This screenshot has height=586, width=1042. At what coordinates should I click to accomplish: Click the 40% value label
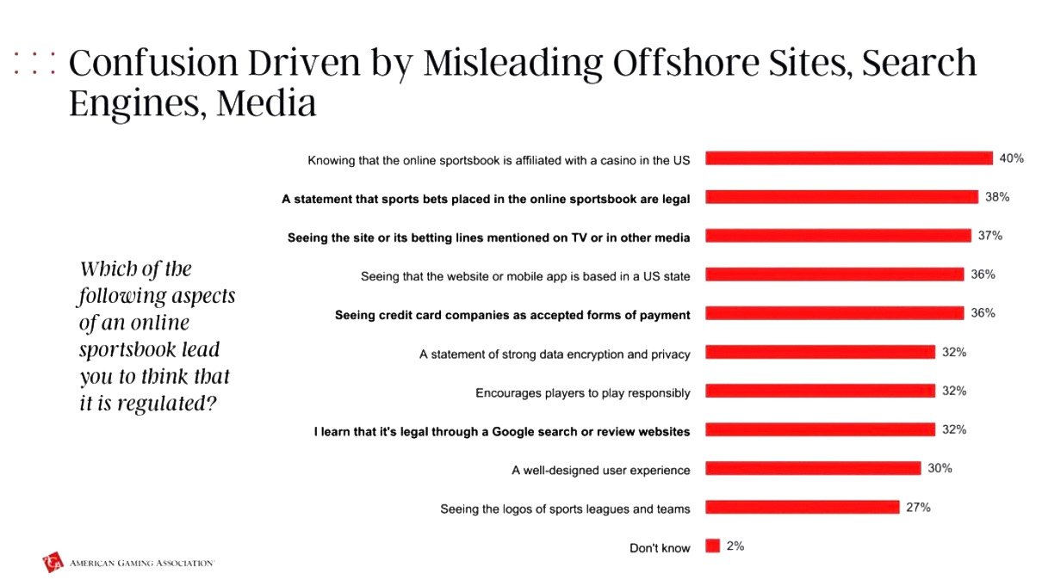[1011, 158]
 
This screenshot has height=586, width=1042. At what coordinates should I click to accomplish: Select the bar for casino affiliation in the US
[849, 158]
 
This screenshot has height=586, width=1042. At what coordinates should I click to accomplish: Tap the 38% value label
[997, 197]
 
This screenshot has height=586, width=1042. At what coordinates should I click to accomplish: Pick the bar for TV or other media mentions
[838, 236]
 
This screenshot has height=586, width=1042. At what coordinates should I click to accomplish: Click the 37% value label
[990, 236]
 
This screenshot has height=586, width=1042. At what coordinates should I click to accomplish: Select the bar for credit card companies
[834, 313]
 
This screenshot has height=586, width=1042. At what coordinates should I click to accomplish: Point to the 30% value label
[940, 469]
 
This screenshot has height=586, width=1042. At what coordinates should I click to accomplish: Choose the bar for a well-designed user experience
[813, 469]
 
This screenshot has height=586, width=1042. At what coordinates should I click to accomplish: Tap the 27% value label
[918, 508]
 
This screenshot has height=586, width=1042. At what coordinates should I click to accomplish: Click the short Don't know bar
[712, 546]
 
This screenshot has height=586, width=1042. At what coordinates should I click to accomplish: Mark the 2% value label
[735, 546]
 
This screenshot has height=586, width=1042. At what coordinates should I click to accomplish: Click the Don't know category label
[660, 548]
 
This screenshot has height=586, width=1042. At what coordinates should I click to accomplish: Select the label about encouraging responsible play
[583, 393]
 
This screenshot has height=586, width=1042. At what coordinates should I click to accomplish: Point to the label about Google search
[501, 431]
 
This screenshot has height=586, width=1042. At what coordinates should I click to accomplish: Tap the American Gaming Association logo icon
[53, 563]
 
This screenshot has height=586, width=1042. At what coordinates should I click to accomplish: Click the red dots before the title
[34, 63]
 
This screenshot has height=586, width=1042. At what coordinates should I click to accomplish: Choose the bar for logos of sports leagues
[803, 508]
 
